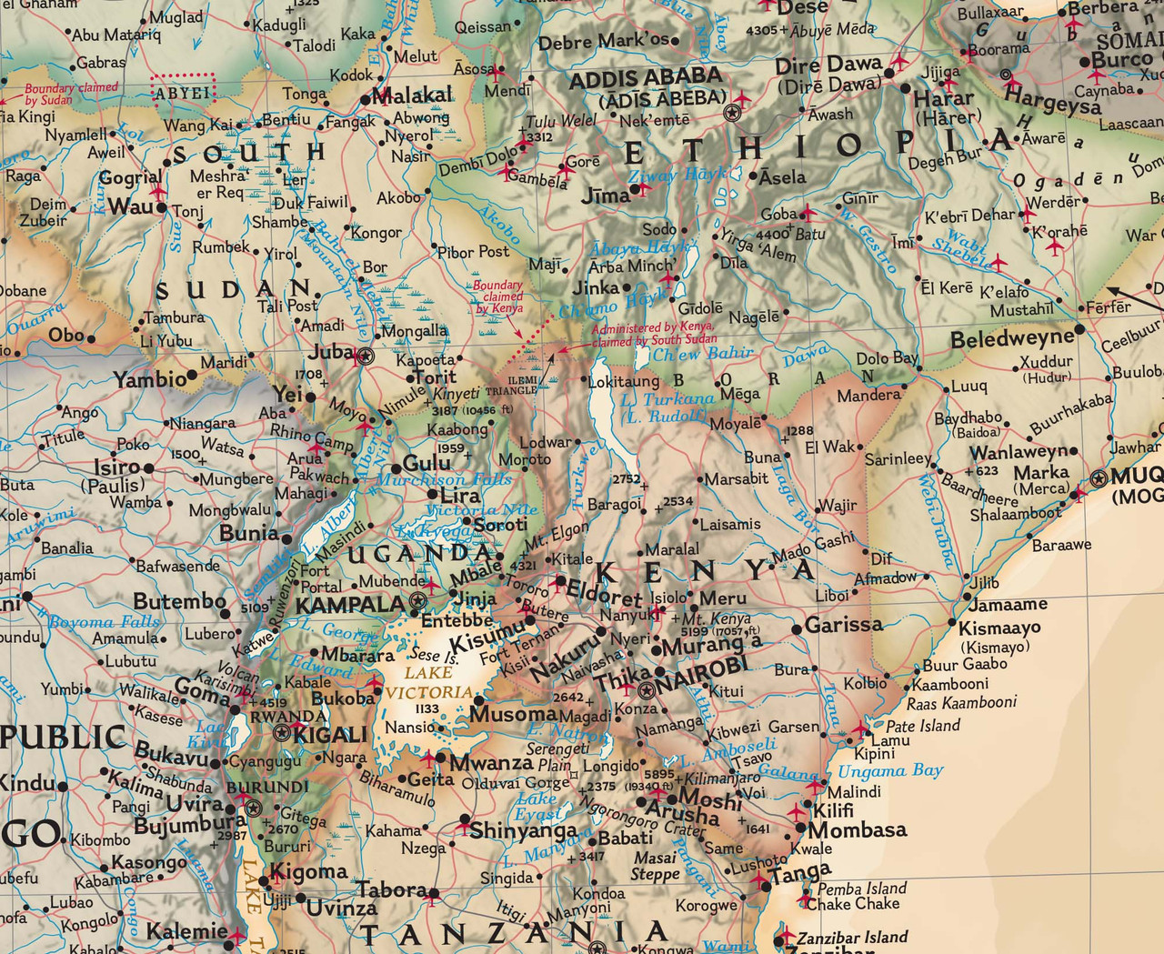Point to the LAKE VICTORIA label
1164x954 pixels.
[x=428, y=682]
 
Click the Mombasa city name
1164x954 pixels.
[x=857, y=829]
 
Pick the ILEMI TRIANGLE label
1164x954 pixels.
[x=511, y=386]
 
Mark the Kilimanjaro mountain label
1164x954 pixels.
[x=721, y=779]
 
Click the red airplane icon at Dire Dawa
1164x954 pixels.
[x=899, y=62]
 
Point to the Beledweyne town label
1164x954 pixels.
[x=1011, y=340]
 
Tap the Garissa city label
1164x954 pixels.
[x=844, y=625]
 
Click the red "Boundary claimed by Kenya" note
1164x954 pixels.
[x=497, y=296]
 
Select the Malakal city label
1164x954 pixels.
[x=412, y=95]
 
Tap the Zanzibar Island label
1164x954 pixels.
[x=852, y=937]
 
